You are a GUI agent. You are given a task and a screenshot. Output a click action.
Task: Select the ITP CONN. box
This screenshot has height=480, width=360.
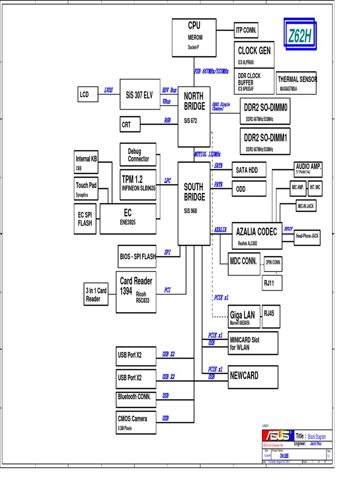(x=246, y=30)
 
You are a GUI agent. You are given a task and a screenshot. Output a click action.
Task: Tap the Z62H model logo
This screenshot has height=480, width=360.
(x=300, y=37)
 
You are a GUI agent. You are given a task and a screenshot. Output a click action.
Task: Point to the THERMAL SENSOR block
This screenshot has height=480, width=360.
(x=297, y=83)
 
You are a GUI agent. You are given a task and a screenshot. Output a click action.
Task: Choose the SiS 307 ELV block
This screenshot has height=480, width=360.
(x=140, y=94)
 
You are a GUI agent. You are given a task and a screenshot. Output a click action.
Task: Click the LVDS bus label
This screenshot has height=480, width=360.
(x=108, y=90)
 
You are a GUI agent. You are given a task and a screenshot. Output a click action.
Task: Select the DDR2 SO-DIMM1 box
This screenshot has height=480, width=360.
(x=265, y=141)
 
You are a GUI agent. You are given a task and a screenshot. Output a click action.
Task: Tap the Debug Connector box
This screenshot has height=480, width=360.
(x=138, y=155)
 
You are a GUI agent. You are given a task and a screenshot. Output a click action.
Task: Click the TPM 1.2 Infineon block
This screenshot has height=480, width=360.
(x=138, y=183)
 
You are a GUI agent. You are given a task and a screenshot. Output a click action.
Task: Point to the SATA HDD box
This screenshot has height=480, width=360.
(x=249, y=170)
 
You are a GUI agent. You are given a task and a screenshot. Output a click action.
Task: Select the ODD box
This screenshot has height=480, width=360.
(x=249, y=189)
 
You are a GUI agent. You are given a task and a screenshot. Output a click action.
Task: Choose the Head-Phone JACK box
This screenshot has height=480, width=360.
(x=307, y=236)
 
